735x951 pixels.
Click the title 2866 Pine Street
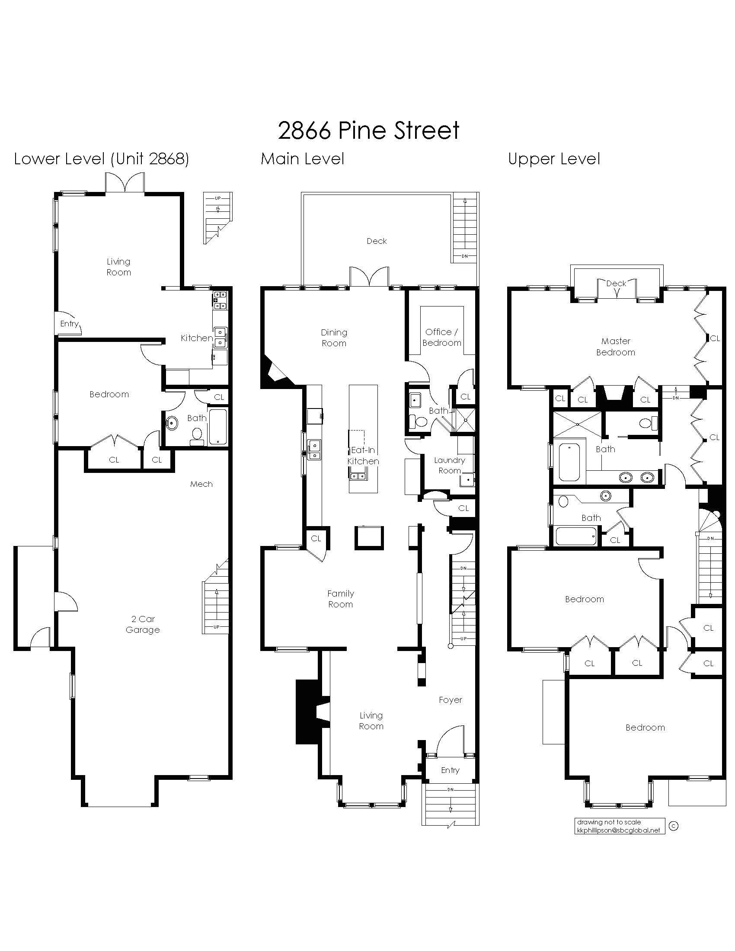(368, 131)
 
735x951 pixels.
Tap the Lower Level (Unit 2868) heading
(102, 159)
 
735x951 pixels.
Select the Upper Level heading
(554, 159)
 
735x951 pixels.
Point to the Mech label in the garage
(201, 484)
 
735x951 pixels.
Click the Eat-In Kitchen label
(363, 456)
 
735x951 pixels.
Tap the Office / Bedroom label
(441, 338)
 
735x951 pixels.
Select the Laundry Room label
(449, 465)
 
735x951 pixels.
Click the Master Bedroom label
(615, 347)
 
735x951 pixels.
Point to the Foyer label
(450, 700)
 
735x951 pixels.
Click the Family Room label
(341, 599)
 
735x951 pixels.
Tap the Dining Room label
(334, 338)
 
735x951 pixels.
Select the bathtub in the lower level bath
(217, 427)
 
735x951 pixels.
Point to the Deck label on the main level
(377, 241)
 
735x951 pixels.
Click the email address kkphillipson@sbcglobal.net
(618, 830)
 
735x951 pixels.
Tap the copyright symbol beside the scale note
(673, 826)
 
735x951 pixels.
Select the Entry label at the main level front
(450, 770)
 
